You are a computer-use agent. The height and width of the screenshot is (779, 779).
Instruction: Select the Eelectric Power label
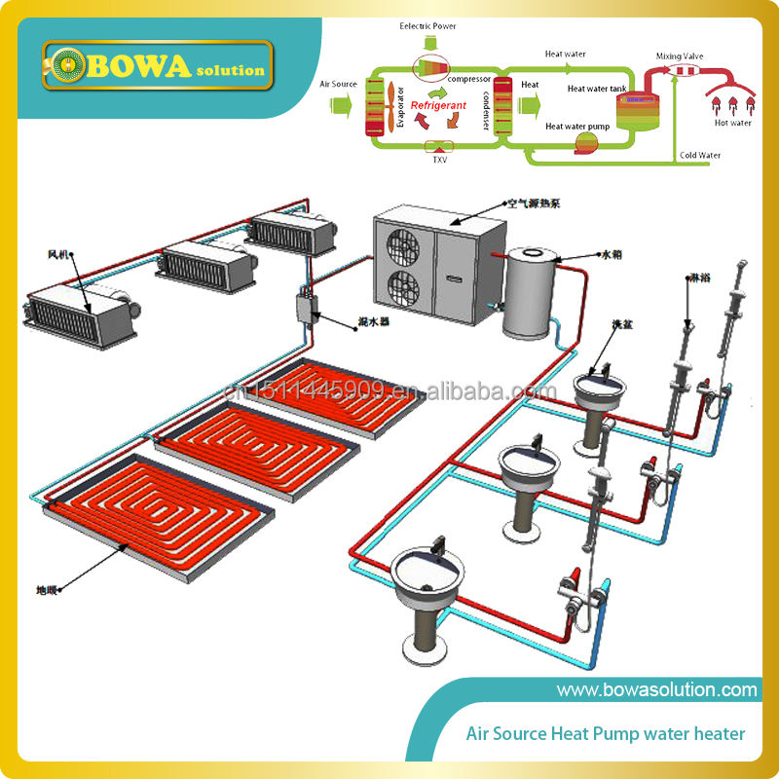click(x=427, y=26)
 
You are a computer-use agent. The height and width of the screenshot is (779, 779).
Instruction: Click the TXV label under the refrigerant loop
click(x=439, y=160)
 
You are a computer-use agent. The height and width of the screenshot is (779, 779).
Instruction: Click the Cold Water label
click(x=700, y=155)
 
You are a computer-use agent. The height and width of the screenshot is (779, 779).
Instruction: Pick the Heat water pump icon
click(x=587, y=144)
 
